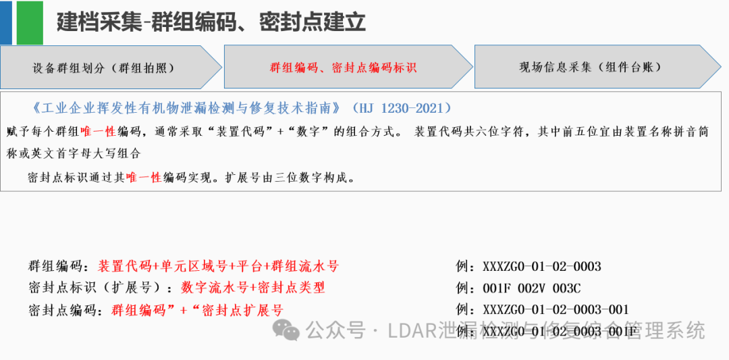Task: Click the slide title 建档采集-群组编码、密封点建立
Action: coord(211,22)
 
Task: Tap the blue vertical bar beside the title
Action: coord(6,22)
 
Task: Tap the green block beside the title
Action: coord(29,22)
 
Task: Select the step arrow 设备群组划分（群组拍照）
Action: coord(104,68)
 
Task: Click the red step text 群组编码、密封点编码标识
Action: coord(343,68)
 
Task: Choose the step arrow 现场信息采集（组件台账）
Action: coord(590,68)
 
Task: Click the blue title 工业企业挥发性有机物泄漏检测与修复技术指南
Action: coord(190,109)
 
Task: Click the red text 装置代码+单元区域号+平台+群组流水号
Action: coord(219,266)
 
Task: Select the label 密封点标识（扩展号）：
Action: coord(103,288)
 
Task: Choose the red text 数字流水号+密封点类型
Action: coord(253,288)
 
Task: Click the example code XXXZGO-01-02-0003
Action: coord(541,266)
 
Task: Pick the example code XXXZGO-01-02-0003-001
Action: coord(556,310)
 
